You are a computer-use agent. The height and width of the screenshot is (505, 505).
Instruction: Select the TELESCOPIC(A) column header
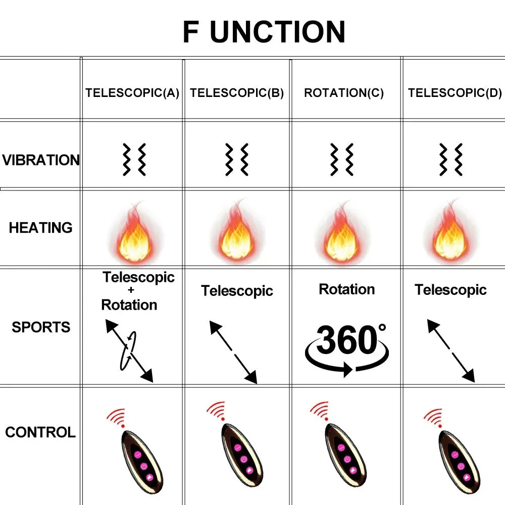click(132, 93)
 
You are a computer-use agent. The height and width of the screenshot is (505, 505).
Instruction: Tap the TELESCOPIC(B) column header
click(237, 93)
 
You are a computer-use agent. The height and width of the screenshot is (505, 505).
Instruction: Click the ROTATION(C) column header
click(344, 93)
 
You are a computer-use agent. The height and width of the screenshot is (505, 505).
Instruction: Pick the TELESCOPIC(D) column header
click(455, 93)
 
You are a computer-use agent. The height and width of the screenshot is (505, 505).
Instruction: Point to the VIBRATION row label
click(41, 160)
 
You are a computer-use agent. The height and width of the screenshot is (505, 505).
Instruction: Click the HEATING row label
click(40, 228)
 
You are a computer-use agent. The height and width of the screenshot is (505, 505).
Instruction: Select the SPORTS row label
click(41, 327)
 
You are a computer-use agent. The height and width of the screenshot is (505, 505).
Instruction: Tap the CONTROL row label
click(40, 432)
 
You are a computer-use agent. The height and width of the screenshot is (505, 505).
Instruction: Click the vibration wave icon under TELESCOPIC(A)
click(134, 159)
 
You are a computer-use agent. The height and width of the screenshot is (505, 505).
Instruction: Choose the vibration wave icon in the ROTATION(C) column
click(342, 159)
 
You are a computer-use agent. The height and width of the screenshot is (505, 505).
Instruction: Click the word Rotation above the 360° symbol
click(347, 289)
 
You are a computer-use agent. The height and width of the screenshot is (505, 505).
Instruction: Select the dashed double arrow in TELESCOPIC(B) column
click(233, 352)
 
